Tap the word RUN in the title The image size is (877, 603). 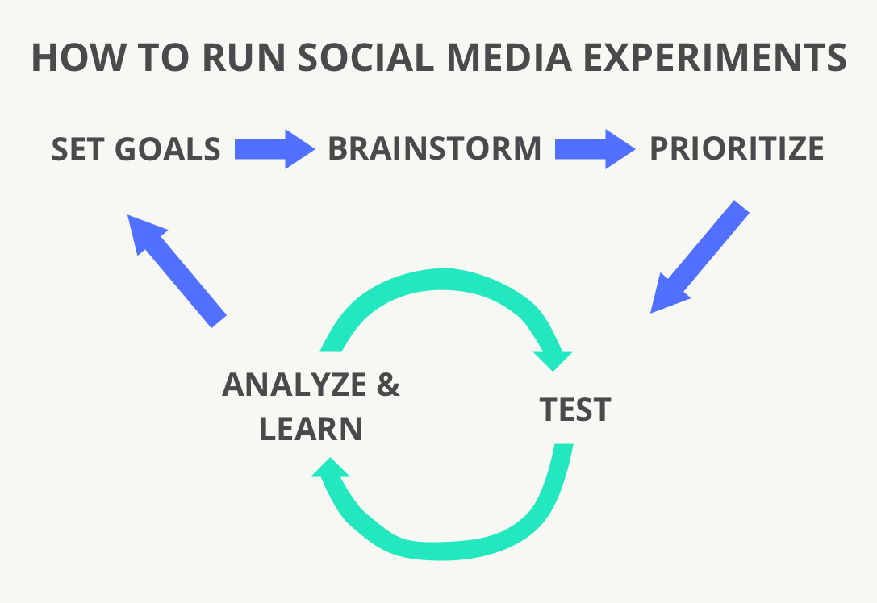tap(227, 58)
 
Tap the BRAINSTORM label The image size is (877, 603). tap(434, 148)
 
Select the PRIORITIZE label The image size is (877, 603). tap(737, 148)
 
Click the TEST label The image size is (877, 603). tap(575, 410)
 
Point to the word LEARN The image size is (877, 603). tap(311, 430)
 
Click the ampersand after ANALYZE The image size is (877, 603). tap(388, 385)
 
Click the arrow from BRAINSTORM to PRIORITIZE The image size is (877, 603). tap(595, 149)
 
